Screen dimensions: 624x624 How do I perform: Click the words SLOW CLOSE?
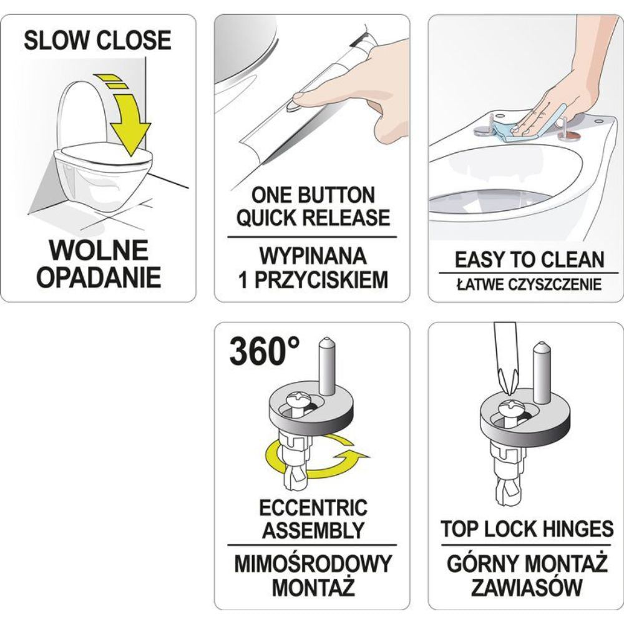(97, 40)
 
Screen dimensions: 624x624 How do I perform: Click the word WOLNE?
(99, 250)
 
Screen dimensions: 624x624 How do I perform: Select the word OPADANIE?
(99, 277)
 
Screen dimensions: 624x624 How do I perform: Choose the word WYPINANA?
(313, 256)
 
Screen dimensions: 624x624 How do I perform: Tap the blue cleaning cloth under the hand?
(517, 127)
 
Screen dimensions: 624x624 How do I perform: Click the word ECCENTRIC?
(313, 507)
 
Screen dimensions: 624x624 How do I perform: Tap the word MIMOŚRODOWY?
(313, 563)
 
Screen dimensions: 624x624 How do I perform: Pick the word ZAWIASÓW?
(527, 587)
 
